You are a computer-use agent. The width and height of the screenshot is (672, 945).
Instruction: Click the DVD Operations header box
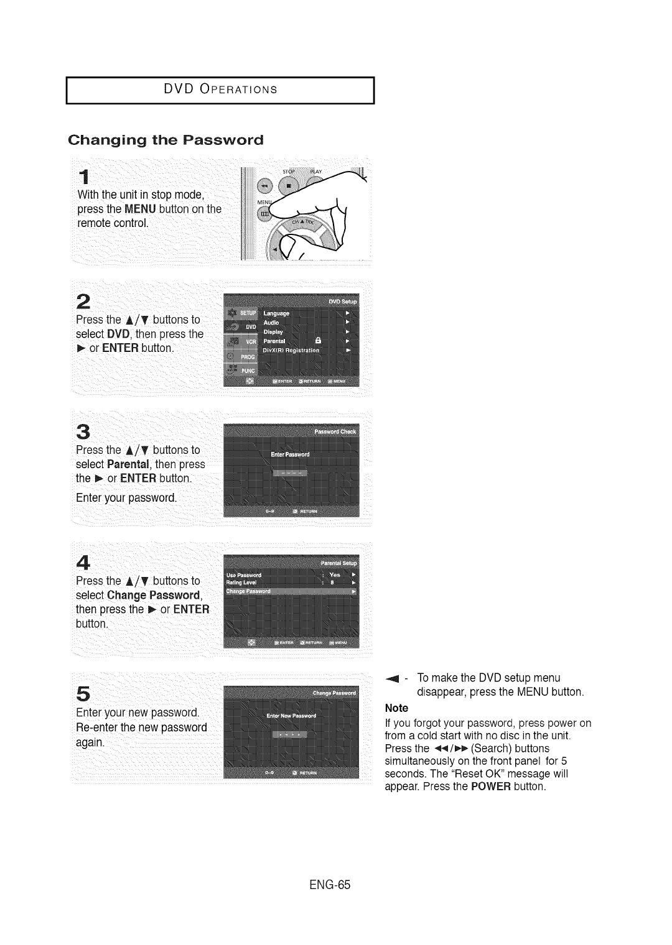click(220, 90)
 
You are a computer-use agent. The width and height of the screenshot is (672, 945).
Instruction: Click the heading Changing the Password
click(166, 139)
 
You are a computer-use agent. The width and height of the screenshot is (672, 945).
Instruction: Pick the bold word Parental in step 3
click(126, 464)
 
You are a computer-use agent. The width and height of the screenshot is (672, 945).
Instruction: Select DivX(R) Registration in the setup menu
click(291, 351)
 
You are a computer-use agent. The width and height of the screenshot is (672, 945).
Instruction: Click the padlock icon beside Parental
click(318, 341)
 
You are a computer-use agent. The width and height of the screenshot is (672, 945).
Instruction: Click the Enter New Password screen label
click(291, 716)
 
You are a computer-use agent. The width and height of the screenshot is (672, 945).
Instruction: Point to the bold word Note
click(396, 708)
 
